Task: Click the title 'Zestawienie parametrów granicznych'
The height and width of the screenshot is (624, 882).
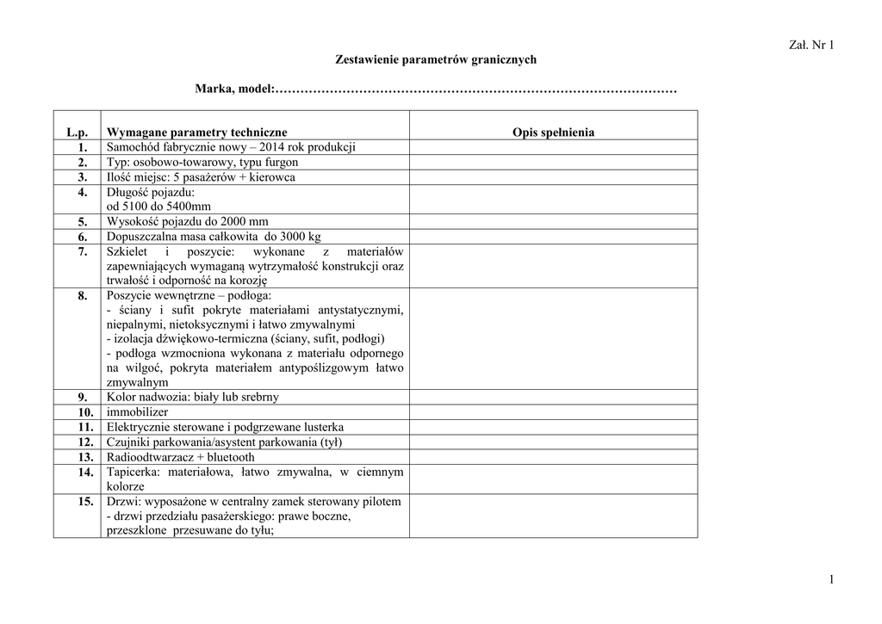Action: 435,59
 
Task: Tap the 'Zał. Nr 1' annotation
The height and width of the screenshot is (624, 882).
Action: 811,45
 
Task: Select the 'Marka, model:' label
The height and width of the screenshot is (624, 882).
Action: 233,89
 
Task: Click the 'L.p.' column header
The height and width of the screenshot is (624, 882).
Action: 78,133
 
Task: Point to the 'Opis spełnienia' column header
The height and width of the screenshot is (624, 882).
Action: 553,133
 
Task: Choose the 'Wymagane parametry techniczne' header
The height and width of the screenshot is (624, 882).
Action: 196,133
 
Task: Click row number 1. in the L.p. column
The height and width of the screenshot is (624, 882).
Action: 83,147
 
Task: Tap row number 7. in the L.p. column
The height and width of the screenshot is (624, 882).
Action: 83,251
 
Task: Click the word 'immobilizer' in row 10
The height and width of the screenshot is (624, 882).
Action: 138,412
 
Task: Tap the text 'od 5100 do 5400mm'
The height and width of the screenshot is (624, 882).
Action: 158,207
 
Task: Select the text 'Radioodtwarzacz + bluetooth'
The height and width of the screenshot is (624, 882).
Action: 181,457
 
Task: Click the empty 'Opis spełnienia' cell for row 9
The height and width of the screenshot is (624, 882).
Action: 553,398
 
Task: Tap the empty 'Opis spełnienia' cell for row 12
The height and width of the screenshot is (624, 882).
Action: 553,442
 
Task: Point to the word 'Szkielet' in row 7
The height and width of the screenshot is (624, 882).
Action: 127,251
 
